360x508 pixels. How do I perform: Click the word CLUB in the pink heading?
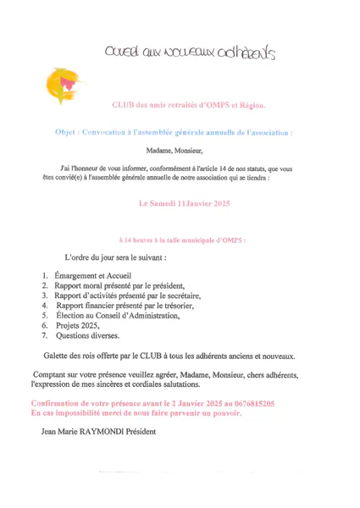tap(125, 106)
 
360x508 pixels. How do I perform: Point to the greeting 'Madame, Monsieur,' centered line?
tap(180, 152)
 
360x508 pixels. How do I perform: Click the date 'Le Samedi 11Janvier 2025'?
tap(186, 203)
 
